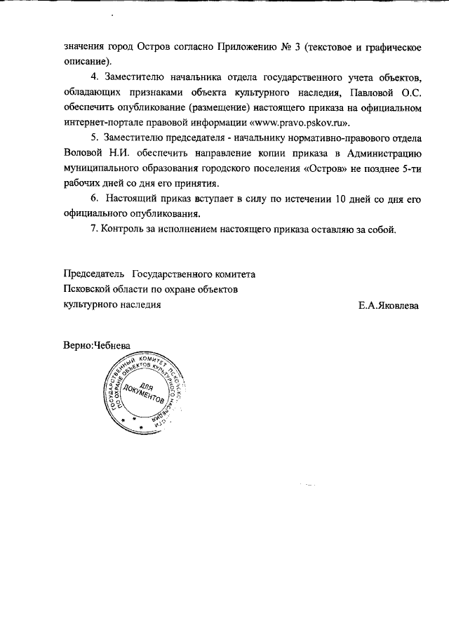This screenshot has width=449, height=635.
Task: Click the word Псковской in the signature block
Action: pyautogui.click(x=87, y=289)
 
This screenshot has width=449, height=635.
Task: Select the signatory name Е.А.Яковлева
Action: pyautogui.click(x=389, y=305)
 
